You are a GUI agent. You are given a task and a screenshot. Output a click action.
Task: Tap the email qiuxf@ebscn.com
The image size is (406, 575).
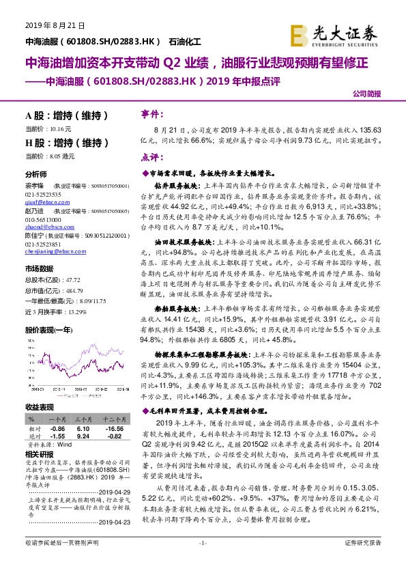point(42,203)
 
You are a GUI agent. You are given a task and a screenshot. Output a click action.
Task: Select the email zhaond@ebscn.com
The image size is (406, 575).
point(42,229)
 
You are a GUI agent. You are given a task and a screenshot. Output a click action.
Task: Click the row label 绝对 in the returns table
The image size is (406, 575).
point(33,436)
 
